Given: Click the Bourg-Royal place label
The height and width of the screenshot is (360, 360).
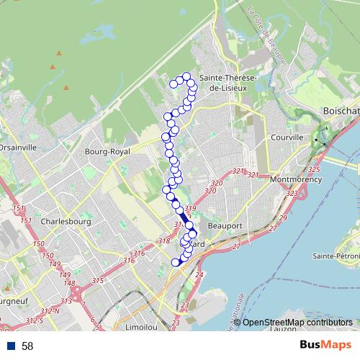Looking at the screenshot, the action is click(107, 152).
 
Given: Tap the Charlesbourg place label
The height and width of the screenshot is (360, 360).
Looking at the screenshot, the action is click(66, 222).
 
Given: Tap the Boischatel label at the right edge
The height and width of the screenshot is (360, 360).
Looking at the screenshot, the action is click(341, 112).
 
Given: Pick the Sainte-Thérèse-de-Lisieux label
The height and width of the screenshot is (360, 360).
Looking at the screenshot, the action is click(223, 82).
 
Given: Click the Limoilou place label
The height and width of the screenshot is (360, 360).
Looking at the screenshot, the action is click(141, 326).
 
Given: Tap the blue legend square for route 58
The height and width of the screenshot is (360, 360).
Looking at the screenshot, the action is click(11, 346).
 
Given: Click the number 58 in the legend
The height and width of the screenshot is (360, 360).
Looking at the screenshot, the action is click(27, 346).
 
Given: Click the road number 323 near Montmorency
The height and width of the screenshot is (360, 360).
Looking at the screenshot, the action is click(292, 194).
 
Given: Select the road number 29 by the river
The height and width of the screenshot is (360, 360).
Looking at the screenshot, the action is click(283, 218).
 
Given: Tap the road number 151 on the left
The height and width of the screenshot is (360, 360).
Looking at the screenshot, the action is click(17, 209).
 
